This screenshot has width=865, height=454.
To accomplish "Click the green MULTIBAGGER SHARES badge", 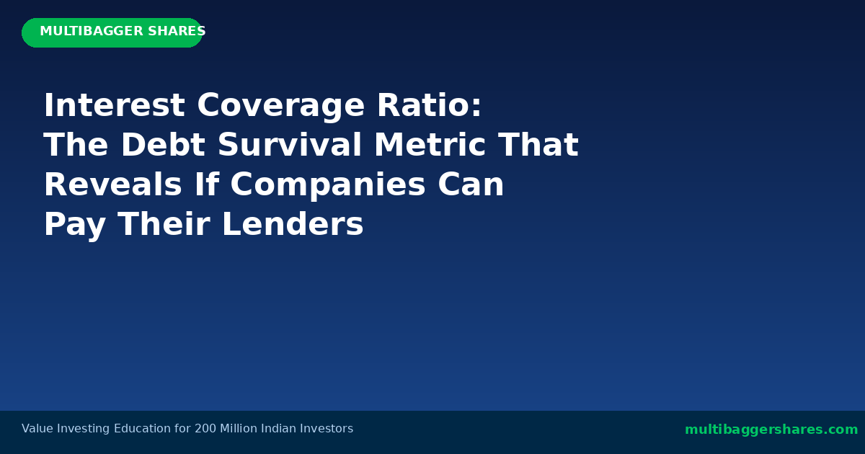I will [x=112, y=32].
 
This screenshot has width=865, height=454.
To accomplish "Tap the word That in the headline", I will [x=538, y=146].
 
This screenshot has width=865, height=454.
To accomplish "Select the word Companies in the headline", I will [x=328, y=185].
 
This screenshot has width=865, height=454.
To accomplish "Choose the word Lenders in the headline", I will [x=293, y=225].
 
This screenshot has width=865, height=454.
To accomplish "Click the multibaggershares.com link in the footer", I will [x=771, y=429].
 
